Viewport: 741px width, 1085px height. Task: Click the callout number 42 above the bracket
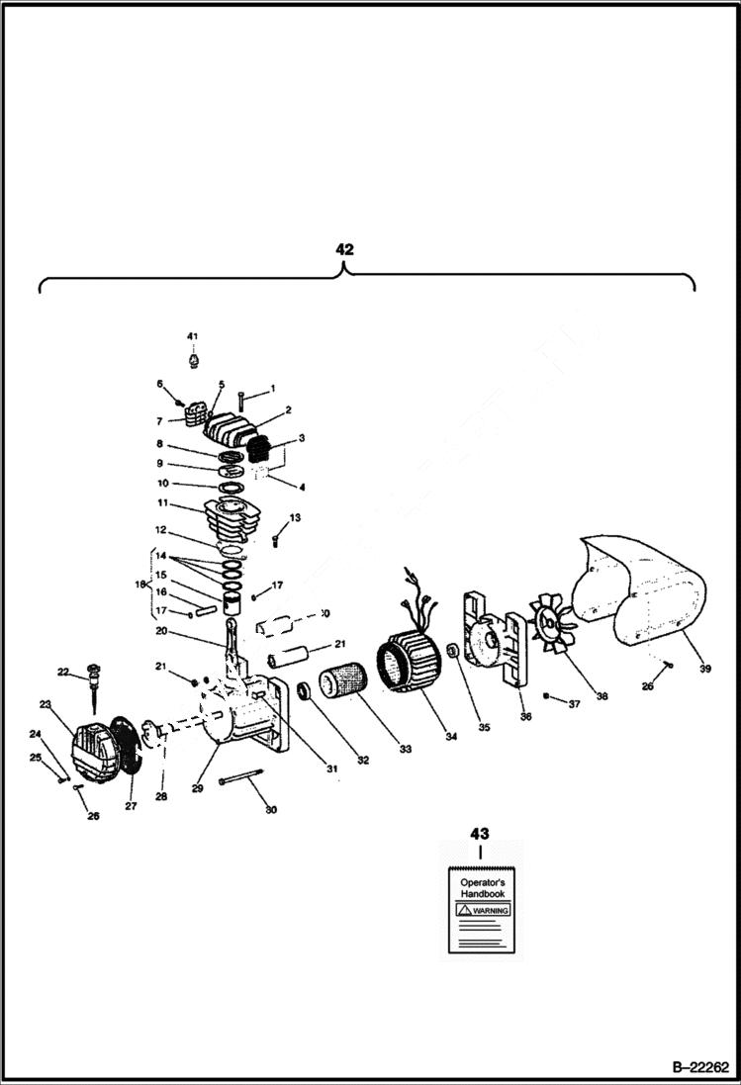tap(343, 249)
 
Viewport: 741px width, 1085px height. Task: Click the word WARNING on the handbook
tap(486, 909)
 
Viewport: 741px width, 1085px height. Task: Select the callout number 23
tap(45, 704)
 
